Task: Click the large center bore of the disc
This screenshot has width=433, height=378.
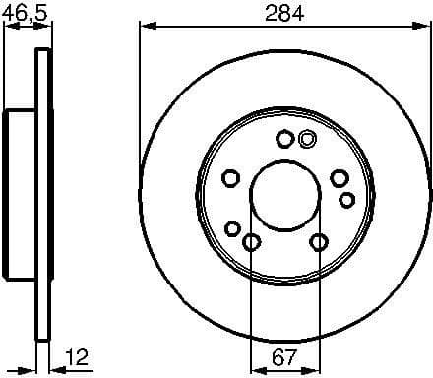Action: [x=284, y=194]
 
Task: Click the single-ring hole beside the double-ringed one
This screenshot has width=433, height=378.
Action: [x=284, y=140]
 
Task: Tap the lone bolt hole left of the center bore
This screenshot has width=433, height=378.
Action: [x=231, y=178]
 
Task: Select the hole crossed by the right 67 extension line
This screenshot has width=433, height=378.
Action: [x=319, y=241]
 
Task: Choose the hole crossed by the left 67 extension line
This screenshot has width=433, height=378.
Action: [x=251, y=242]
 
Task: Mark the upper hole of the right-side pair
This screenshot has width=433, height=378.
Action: [x=339, y=178]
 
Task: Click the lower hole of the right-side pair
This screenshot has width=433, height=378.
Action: [x=346, y=200]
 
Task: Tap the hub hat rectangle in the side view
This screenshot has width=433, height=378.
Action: [x=21, y=195]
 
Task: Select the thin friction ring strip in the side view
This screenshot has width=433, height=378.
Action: [x=42, y=195]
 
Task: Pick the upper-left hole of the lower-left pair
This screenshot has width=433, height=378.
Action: [x=232, y=229]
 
